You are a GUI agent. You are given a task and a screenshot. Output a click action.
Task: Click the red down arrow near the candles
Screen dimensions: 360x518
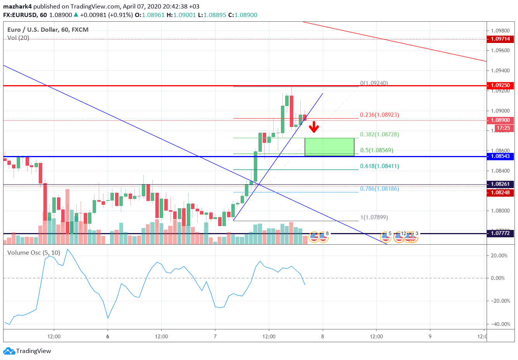pyautogui.click(x=314, y=127)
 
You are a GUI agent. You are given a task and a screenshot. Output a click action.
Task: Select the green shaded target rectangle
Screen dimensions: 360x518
pyautogui.click(x=329, y=147)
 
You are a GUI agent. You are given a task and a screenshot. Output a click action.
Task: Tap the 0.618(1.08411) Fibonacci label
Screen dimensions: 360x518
pyautogui.click(x=379, y=166)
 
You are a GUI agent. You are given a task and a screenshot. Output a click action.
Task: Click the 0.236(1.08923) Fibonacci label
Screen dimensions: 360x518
pyautogui.click(x=379, y=115)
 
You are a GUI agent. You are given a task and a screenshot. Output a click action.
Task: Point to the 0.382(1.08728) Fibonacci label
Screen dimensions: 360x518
pyautogui.click(x=379, y=134)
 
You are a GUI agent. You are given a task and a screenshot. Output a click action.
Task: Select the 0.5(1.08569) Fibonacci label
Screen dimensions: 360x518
pyautogui.click(x=377, y=150)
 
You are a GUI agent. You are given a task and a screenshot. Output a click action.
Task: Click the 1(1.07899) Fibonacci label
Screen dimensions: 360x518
pyautogui.click(x=374, y=218)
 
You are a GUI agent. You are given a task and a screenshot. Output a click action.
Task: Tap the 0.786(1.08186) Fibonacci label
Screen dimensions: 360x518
pyautogui.click(x=379, y=189)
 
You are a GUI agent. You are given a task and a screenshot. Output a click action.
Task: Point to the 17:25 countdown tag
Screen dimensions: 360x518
pyautogui.click(x=503, y=128)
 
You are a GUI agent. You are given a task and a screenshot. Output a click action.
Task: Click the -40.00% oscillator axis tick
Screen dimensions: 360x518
pyautogui.click(x=500, y=324)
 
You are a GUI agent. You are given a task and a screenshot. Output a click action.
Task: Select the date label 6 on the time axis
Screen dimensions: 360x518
pyautogui.click(x=108, y=336)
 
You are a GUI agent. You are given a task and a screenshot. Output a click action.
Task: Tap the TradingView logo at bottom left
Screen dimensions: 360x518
pyautogui.click(x=27, y=351)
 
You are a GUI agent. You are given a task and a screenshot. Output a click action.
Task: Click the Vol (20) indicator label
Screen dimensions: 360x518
pyautogui.click(x=18, y=38)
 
